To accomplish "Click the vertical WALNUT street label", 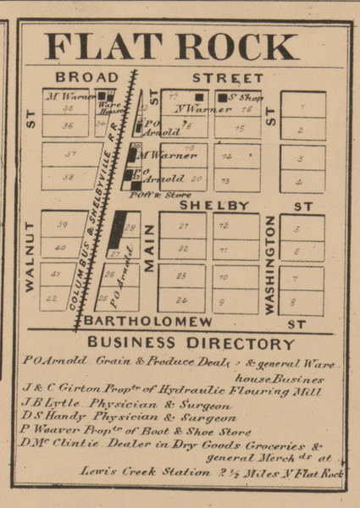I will pyautogui.click(x=30, y=257).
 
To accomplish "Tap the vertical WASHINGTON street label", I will pyautogui.click(x=269, y=264).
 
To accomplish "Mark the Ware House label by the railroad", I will pyautogui.click(x=106, y=109).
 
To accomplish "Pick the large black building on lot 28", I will pyautogui.click(x=116, y=230).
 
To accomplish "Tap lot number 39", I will pyautogui.click(x=60, y=225).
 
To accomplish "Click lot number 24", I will pyautogui.click(x=180, y=300).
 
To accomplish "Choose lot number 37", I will pyautogui.click(x=70, y=154).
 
